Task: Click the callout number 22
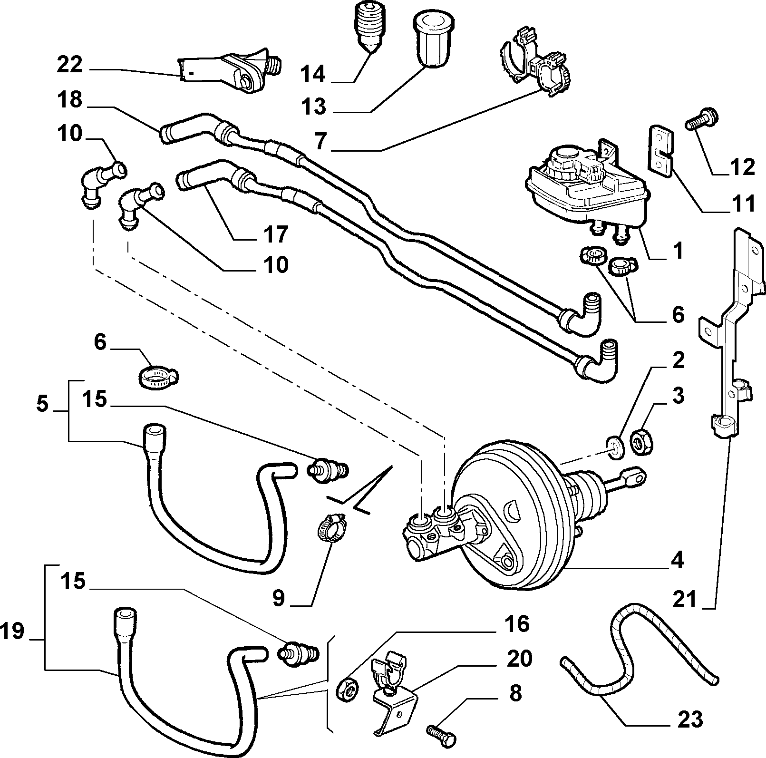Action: (70, 65)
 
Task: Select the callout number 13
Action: (313, 107)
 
